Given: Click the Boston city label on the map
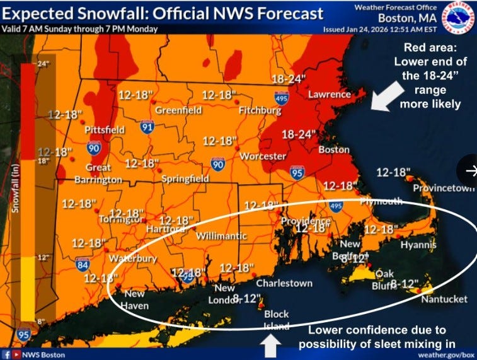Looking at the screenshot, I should click(x=334, y=150).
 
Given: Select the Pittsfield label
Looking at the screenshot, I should click(x=105, y=130).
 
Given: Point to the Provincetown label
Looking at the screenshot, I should click(x=444, y=189).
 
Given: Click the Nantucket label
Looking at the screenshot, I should click(x=444, y=299).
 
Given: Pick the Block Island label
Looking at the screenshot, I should click(x=277, y=320).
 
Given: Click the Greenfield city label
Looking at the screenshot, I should click(x=179, y=110).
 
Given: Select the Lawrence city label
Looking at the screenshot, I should click(x=329, y=95).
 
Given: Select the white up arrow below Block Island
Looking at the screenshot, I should click(x=270, y=345).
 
